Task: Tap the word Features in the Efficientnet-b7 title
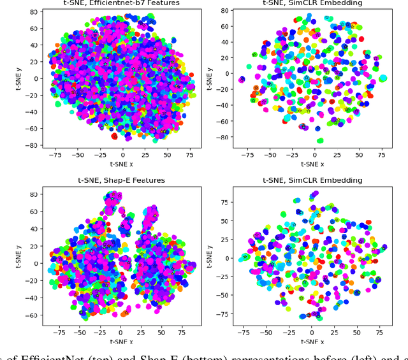pos(167,3)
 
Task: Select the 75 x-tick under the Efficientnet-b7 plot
pos(190,154)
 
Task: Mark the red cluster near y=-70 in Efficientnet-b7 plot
pos(115,136)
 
